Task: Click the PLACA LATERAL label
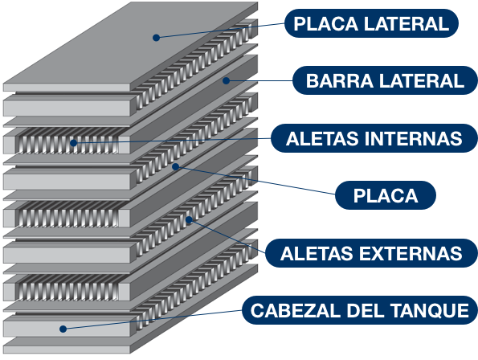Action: [x=371, y=23]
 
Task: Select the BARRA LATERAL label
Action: [x=385, y=80]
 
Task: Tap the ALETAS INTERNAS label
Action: [x=374, y=138]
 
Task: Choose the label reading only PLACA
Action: [x=386, y=195]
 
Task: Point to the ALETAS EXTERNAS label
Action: [x=371, y=253]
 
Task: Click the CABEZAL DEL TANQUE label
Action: [x=360, y=310]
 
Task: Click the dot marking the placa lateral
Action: [x=156, y=38]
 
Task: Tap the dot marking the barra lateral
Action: [x=226, y=80]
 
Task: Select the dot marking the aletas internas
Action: [x=73, y=143]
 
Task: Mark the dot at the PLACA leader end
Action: [x=175, y=166]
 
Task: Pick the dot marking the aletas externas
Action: [x=189, y=219]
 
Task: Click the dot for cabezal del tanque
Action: [x=63, y=329]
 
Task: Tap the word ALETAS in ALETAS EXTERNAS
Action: [x=317, y=253]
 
